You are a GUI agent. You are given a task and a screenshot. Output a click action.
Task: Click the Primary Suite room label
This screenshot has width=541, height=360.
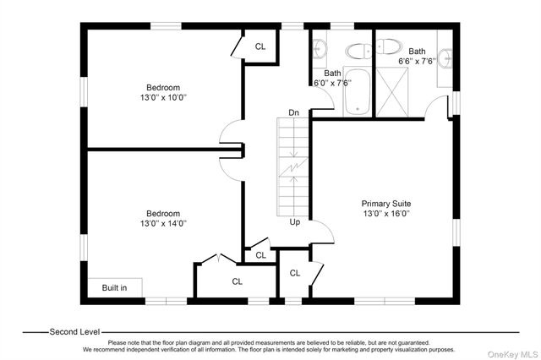(x=386, y=204)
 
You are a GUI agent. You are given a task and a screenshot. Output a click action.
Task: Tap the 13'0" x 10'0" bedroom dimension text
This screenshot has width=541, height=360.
(x=163, y=97)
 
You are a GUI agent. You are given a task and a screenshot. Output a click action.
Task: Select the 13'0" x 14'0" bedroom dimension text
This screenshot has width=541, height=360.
(x=163, y=223)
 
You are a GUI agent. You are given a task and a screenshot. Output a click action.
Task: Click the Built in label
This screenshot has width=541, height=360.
(x=114, y=287)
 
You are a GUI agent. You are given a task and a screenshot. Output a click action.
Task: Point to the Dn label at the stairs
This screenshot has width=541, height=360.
(x=293, y=112)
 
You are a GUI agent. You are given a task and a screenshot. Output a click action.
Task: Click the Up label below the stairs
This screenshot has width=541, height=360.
(x=295, y=222)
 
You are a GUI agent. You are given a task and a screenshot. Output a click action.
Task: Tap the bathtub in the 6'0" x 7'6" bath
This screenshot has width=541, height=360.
(x=357, y=92)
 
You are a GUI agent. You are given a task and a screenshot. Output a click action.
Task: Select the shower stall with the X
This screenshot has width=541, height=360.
(x=392, y=92)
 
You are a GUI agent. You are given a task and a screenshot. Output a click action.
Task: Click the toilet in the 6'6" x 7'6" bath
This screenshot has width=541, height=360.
(x=389, y=46)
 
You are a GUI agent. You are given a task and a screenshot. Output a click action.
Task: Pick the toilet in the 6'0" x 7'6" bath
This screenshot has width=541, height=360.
(x=358, y=52)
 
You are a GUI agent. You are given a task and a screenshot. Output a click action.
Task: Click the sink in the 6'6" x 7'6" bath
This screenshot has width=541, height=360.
(x=445, y=58)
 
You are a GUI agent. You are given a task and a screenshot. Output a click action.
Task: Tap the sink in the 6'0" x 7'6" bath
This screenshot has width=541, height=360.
(x=320, y=49)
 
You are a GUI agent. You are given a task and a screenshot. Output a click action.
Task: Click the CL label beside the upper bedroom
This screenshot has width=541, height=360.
(x=260, y=46)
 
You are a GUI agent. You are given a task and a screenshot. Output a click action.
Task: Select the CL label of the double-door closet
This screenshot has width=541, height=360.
(x=237, y=281)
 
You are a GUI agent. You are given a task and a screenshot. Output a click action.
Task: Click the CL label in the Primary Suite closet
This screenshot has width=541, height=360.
(x=295, y=273)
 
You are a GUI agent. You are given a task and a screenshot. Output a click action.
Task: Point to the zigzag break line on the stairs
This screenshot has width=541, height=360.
(x=293, y=167)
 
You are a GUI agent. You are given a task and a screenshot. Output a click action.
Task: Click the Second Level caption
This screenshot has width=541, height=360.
(x=74, y=332)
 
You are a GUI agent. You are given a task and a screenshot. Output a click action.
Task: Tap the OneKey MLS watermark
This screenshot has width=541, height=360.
(x=513, y=354)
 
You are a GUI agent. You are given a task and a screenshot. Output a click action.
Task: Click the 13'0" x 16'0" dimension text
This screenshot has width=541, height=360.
(x=386, y=214)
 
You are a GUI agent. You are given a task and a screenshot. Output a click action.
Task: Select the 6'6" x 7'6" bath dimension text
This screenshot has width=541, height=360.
(x=417, y=62)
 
